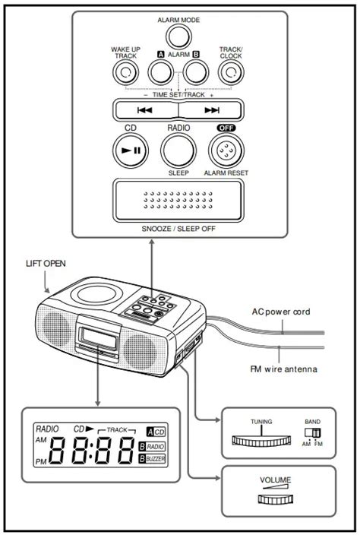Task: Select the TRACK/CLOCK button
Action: tap(229, 72)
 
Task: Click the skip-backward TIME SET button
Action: tap(145, 109)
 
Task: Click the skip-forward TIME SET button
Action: tap(212, 109)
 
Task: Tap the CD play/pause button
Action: tap(130, 150)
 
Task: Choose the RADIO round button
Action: tap(178, 150)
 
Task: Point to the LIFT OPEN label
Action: tap(46, 264)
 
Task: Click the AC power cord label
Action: tap(282, 312)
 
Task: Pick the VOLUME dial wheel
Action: tap(275, 498)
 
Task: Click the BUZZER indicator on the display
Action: tap(155, 460)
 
